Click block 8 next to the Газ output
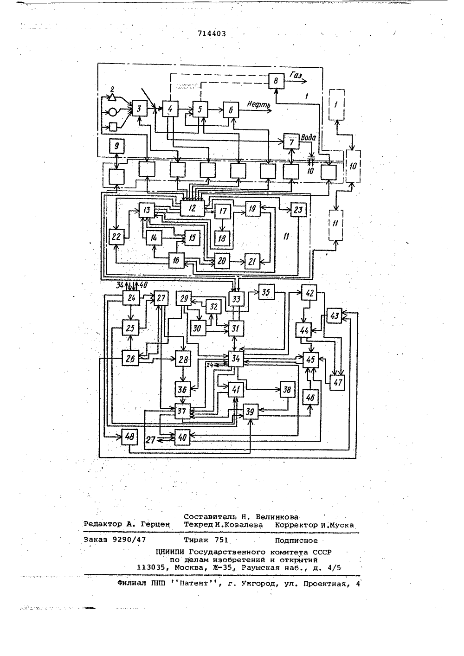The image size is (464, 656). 276,81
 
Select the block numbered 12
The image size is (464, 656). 192,208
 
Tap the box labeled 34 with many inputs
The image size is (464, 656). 236,359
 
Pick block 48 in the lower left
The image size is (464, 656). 129,437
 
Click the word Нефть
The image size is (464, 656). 258,104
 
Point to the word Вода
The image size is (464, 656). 309,138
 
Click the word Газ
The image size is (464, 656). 296,75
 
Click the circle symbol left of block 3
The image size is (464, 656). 112,112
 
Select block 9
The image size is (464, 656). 116,146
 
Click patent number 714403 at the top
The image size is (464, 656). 212,34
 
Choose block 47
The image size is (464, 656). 337,382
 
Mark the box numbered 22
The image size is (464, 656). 116,237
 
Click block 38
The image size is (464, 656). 287,389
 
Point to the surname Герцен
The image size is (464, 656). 155,524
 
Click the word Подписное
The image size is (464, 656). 296,540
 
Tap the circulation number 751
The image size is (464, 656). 221,540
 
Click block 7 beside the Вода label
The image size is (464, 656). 291,142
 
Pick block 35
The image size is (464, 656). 266,292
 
